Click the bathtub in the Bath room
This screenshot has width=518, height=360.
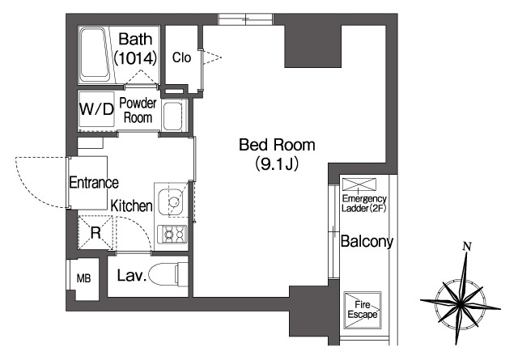point(96,55)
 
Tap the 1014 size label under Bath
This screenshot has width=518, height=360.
point(135,59)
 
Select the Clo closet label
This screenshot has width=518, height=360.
point(181,57)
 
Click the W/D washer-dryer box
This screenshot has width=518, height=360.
point(96,109)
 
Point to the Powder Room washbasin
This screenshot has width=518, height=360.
point(172,115)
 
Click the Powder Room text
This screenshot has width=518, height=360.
point(138,110)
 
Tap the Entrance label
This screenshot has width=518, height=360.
point(94,183)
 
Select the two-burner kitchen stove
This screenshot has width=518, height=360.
point(172,234)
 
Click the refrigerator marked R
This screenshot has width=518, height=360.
point(96,233)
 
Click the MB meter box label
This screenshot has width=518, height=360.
point(83,279)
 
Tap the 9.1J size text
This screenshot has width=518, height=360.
point(277,163)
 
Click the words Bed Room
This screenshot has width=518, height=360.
point(277,145)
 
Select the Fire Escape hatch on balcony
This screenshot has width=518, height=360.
point(363,310)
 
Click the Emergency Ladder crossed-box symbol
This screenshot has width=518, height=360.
point(359,184)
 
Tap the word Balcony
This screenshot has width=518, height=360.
point(367,241)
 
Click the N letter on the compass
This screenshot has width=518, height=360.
point(467,247)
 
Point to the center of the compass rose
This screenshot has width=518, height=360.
point(461,303)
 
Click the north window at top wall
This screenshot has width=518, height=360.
point(245,19)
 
